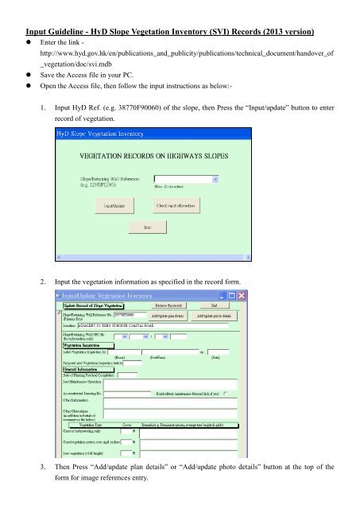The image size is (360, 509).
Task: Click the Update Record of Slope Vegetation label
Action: tap(93, 305)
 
